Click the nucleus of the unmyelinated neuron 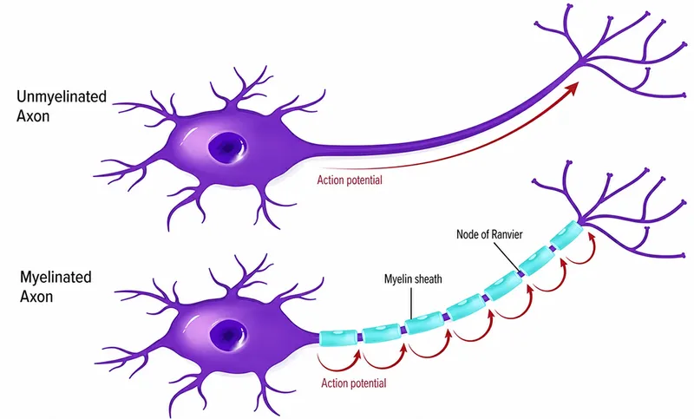click(x=227, y=147)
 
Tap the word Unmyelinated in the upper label click(x=62, y=97)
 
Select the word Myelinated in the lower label click(x=56, y=278)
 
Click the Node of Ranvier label click(x=489, y=234)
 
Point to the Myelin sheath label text click(x=413, y=278)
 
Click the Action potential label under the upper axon click(x=350, y=180)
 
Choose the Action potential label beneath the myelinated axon click(x=354, y=383)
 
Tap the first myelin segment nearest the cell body click(x=337, y=337)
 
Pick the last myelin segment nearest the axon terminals click(x=565, y=235)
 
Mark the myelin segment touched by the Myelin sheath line click(x=423, y=323)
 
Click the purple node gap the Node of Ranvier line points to click(x=522, y=274)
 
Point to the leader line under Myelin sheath click(x=411, y=303)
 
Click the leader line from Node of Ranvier click(x=506, y=257)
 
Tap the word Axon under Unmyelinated click(x=33, y=116)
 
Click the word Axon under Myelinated click(x=36, y=297)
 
